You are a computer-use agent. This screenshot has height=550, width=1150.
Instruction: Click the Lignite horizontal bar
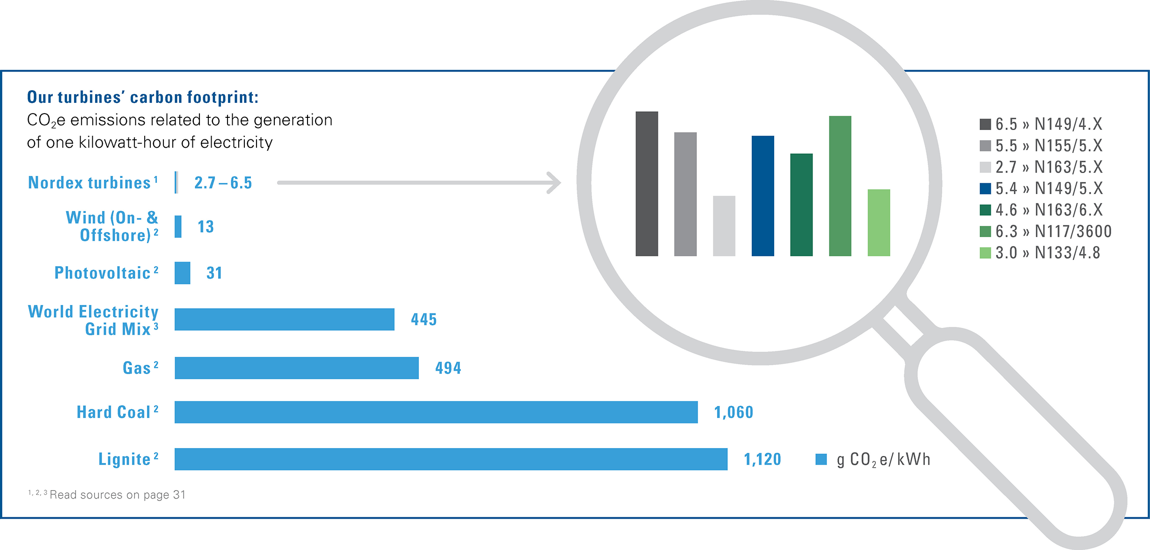(451, 459)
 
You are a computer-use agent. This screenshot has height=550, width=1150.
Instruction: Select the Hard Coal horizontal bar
(436, 412)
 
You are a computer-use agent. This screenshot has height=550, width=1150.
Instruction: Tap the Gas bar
(296, 368)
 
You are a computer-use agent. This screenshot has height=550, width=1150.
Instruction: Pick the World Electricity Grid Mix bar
(284, 319)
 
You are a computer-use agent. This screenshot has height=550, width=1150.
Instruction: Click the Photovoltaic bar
(182, 273)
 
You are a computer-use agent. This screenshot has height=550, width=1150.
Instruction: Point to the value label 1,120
(762, 459)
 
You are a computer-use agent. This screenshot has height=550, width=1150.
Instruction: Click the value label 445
(424, 319)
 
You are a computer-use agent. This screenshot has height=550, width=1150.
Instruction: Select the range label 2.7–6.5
(223, 182)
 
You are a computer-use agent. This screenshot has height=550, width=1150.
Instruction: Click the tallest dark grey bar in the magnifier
(646, 183)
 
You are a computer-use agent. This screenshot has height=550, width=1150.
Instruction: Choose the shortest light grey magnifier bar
(724, 226)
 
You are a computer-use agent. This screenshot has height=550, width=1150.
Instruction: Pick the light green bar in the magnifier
(879, 223)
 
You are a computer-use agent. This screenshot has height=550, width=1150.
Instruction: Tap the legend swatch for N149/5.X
(985, 188)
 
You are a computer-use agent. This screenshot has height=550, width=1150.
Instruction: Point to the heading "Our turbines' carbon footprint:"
(143, 97)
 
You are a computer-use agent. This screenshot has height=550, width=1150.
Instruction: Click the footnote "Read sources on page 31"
(117, 494)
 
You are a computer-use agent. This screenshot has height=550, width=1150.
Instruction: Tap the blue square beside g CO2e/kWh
(821, 459)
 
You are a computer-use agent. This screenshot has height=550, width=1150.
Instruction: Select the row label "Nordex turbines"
(89, 182)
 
